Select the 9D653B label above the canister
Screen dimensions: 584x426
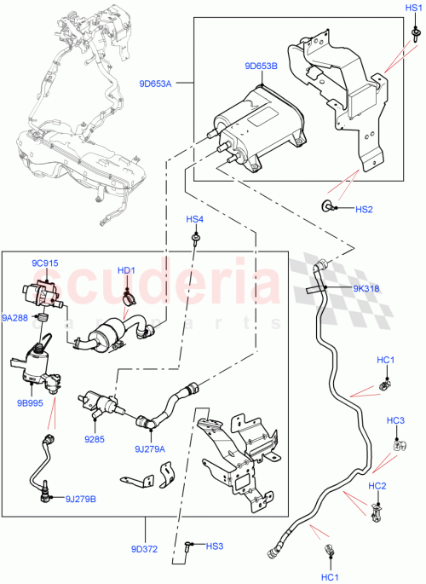(259, 66)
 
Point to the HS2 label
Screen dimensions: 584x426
(365, 209)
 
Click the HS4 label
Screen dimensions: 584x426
(196, 220)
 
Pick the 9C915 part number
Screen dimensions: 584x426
(46, 263)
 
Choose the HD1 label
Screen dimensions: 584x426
(127, 271)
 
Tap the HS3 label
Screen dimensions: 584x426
(215, 546)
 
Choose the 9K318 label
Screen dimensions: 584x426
(366, 288)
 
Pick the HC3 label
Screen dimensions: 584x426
(395, 420)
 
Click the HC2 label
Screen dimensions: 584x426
(377, 486)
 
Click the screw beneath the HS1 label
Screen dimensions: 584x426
(413, 33)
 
